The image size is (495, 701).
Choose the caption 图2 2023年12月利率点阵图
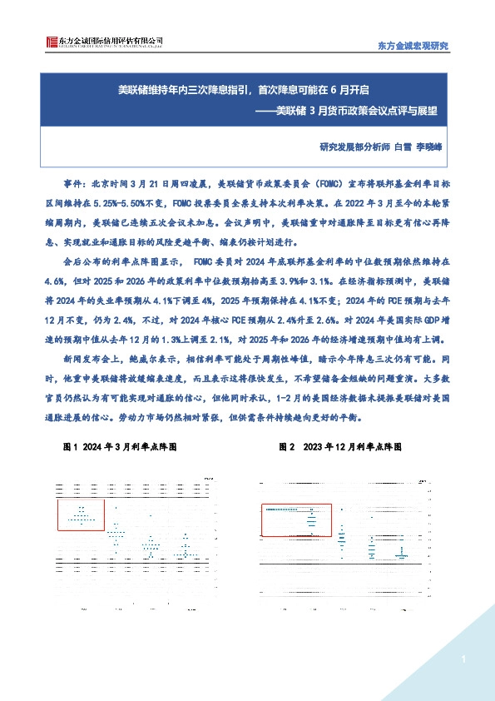tap(341, 447)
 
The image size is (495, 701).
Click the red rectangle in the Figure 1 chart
tap(81, 515)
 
